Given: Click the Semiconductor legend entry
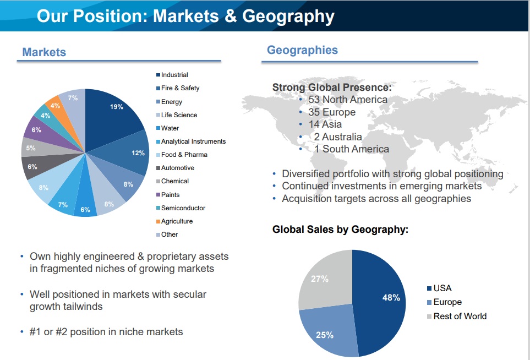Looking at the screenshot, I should click(x=183, y=208).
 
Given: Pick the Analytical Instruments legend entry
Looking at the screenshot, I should click(x=193, y=141).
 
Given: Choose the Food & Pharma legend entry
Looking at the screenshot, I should click(x=184, y=155).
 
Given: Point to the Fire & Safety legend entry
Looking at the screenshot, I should click(x=180, y=88).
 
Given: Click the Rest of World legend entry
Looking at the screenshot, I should click(x=460, y=317).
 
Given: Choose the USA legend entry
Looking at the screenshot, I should click(x=442, y=288).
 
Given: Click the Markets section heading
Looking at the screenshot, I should click(x=44, y=52).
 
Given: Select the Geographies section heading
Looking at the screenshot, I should click(x=302, y=50).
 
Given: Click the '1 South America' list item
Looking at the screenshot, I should click(x=351, y=149).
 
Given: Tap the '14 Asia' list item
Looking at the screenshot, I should click(x=325, y=124).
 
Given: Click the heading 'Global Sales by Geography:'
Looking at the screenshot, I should click(x=340, y=230).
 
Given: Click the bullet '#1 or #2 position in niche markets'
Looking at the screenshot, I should click(x=106, y=331).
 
